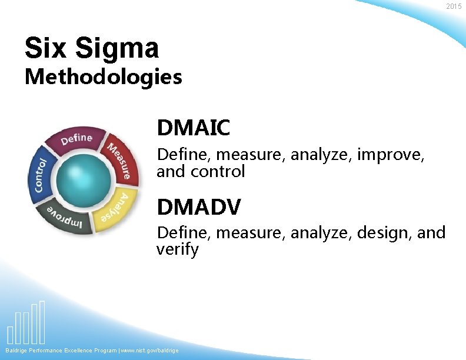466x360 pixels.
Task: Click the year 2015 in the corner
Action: [x=454, y=6]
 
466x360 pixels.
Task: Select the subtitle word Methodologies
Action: [x=104, y=77]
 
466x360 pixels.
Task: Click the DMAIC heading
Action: [x=194, y=128]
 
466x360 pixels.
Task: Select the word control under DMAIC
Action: [x=217, y=172]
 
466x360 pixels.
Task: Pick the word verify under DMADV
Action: [x=177, y=249]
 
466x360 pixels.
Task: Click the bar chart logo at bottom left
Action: [x=26, y=324]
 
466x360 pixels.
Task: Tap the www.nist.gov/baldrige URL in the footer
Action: [x=150, y=351]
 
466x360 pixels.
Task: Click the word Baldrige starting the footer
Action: [x=18, y=351]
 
